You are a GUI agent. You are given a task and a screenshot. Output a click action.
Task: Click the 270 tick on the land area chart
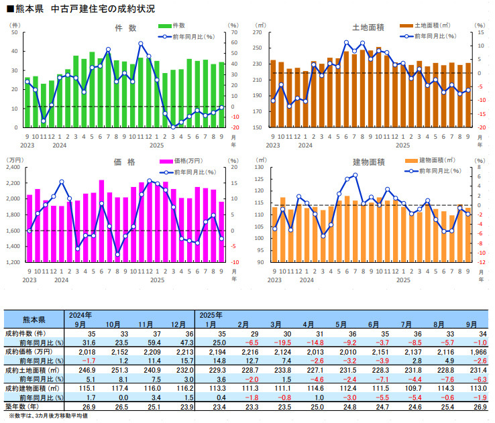(256, 32)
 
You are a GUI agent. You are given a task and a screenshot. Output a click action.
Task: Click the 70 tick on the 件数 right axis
(235, 32)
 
